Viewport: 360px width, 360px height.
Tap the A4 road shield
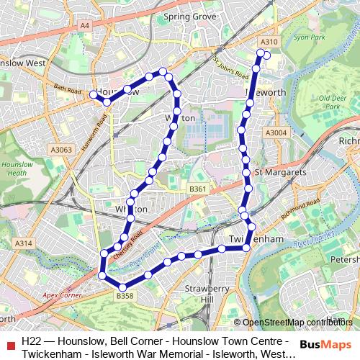point(85,25)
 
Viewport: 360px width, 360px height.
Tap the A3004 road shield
point(276,132)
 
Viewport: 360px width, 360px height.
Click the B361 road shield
point(197,189)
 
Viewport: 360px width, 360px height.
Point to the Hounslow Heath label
point(14,168)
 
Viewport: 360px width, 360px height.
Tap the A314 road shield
point(24,244)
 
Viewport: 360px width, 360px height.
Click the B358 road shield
point(125,296)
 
